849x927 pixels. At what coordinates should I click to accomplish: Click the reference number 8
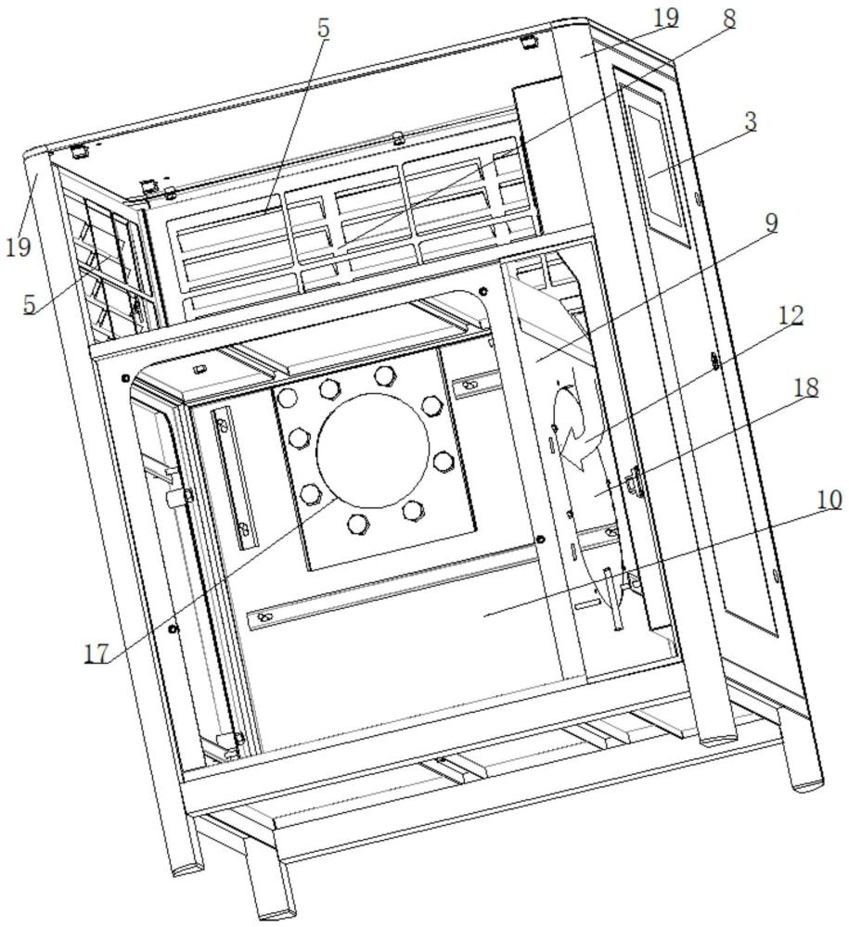click(x=729, y=19)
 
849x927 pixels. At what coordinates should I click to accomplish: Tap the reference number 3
click(x=751, y=121)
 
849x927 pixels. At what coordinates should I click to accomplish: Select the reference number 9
click(x=771, y=222)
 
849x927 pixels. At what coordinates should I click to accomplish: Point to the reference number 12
click(x=791, y=315)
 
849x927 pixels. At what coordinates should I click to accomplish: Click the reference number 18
click(x=805, y=387)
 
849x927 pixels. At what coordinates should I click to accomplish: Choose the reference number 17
click(x=96, y=654)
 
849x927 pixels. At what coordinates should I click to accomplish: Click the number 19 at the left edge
click(x=19, y=246)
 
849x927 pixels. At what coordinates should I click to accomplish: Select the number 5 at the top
click(x=323, y=29)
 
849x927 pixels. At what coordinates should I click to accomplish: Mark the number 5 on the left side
click(x=30, y=304)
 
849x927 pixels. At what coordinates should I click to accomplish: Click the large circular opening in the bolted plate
click(x=373, y=450)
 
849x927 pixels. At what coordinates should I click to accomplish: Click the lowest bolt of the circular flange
click(x=358, y=524)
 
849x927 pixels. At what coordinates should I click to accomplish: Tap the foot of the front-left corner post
click(x=188, y=870)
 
